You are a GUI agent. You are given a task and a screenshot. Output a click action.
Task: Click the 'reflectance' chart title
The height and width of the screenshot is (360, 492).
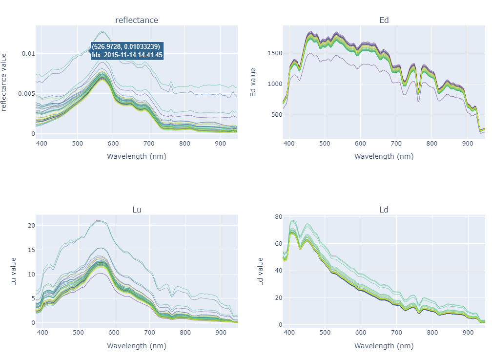[x=137, y=20]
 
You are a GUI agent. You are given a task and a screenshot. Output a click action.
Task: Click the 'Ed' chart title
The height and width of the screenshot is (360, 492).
[x=384, y=20]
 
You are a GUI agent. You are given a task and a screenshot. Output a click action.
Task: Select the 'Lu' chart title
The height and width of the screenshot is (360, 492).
[x=137, y=210]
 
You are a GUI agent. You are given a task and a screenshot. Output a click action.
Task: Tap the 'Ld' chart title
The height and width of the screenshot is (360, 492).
[x=384, y=210]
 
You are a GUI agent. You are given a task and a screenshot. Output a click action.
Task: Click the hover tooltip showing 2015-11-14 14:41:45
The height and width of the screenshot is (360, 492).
[x=127, y=51]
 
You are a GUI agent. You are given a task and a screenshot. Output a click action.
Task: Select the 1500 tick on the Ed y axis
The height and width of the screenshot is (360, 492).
[x=275, y=53]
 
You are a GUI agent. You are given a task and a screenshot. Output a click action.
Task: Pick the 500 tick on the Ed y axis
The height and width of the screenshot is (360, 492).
[x=277, y=115]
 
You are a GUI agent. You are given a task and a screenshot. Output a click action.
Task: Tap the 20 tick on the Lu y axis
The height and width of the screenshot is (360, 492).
[x=31, y=225]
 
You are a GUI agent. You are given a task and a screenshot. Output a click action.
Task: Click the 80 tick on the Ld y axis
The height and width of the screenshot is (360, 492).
[x=279, y=217]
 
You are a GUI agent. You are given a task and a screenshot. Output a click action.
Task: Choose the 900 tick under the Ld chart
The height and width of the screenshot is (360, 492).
[x=468, y=333]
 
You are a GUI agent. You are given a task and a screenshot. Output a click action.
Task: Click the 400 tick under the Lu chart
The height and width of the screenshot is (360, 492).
[x=42, y=333]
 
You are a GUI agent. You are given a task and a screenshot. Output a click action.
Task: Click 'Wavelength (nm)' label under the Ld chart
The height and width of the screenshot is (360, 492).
[x=384, y=346]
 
